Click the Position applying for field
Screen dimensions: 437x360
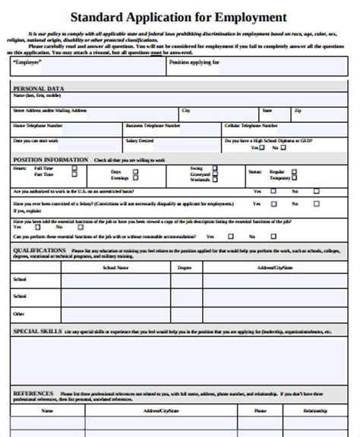point(258,68)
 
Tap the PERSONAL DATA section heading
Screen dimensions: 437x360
point(39,89)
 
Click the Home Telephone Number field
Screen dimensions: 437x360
point(64,129)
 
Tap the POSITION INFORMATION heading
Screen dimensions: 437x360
point(49,160)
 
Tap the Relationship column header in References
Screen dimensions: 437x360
point(315,410)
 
